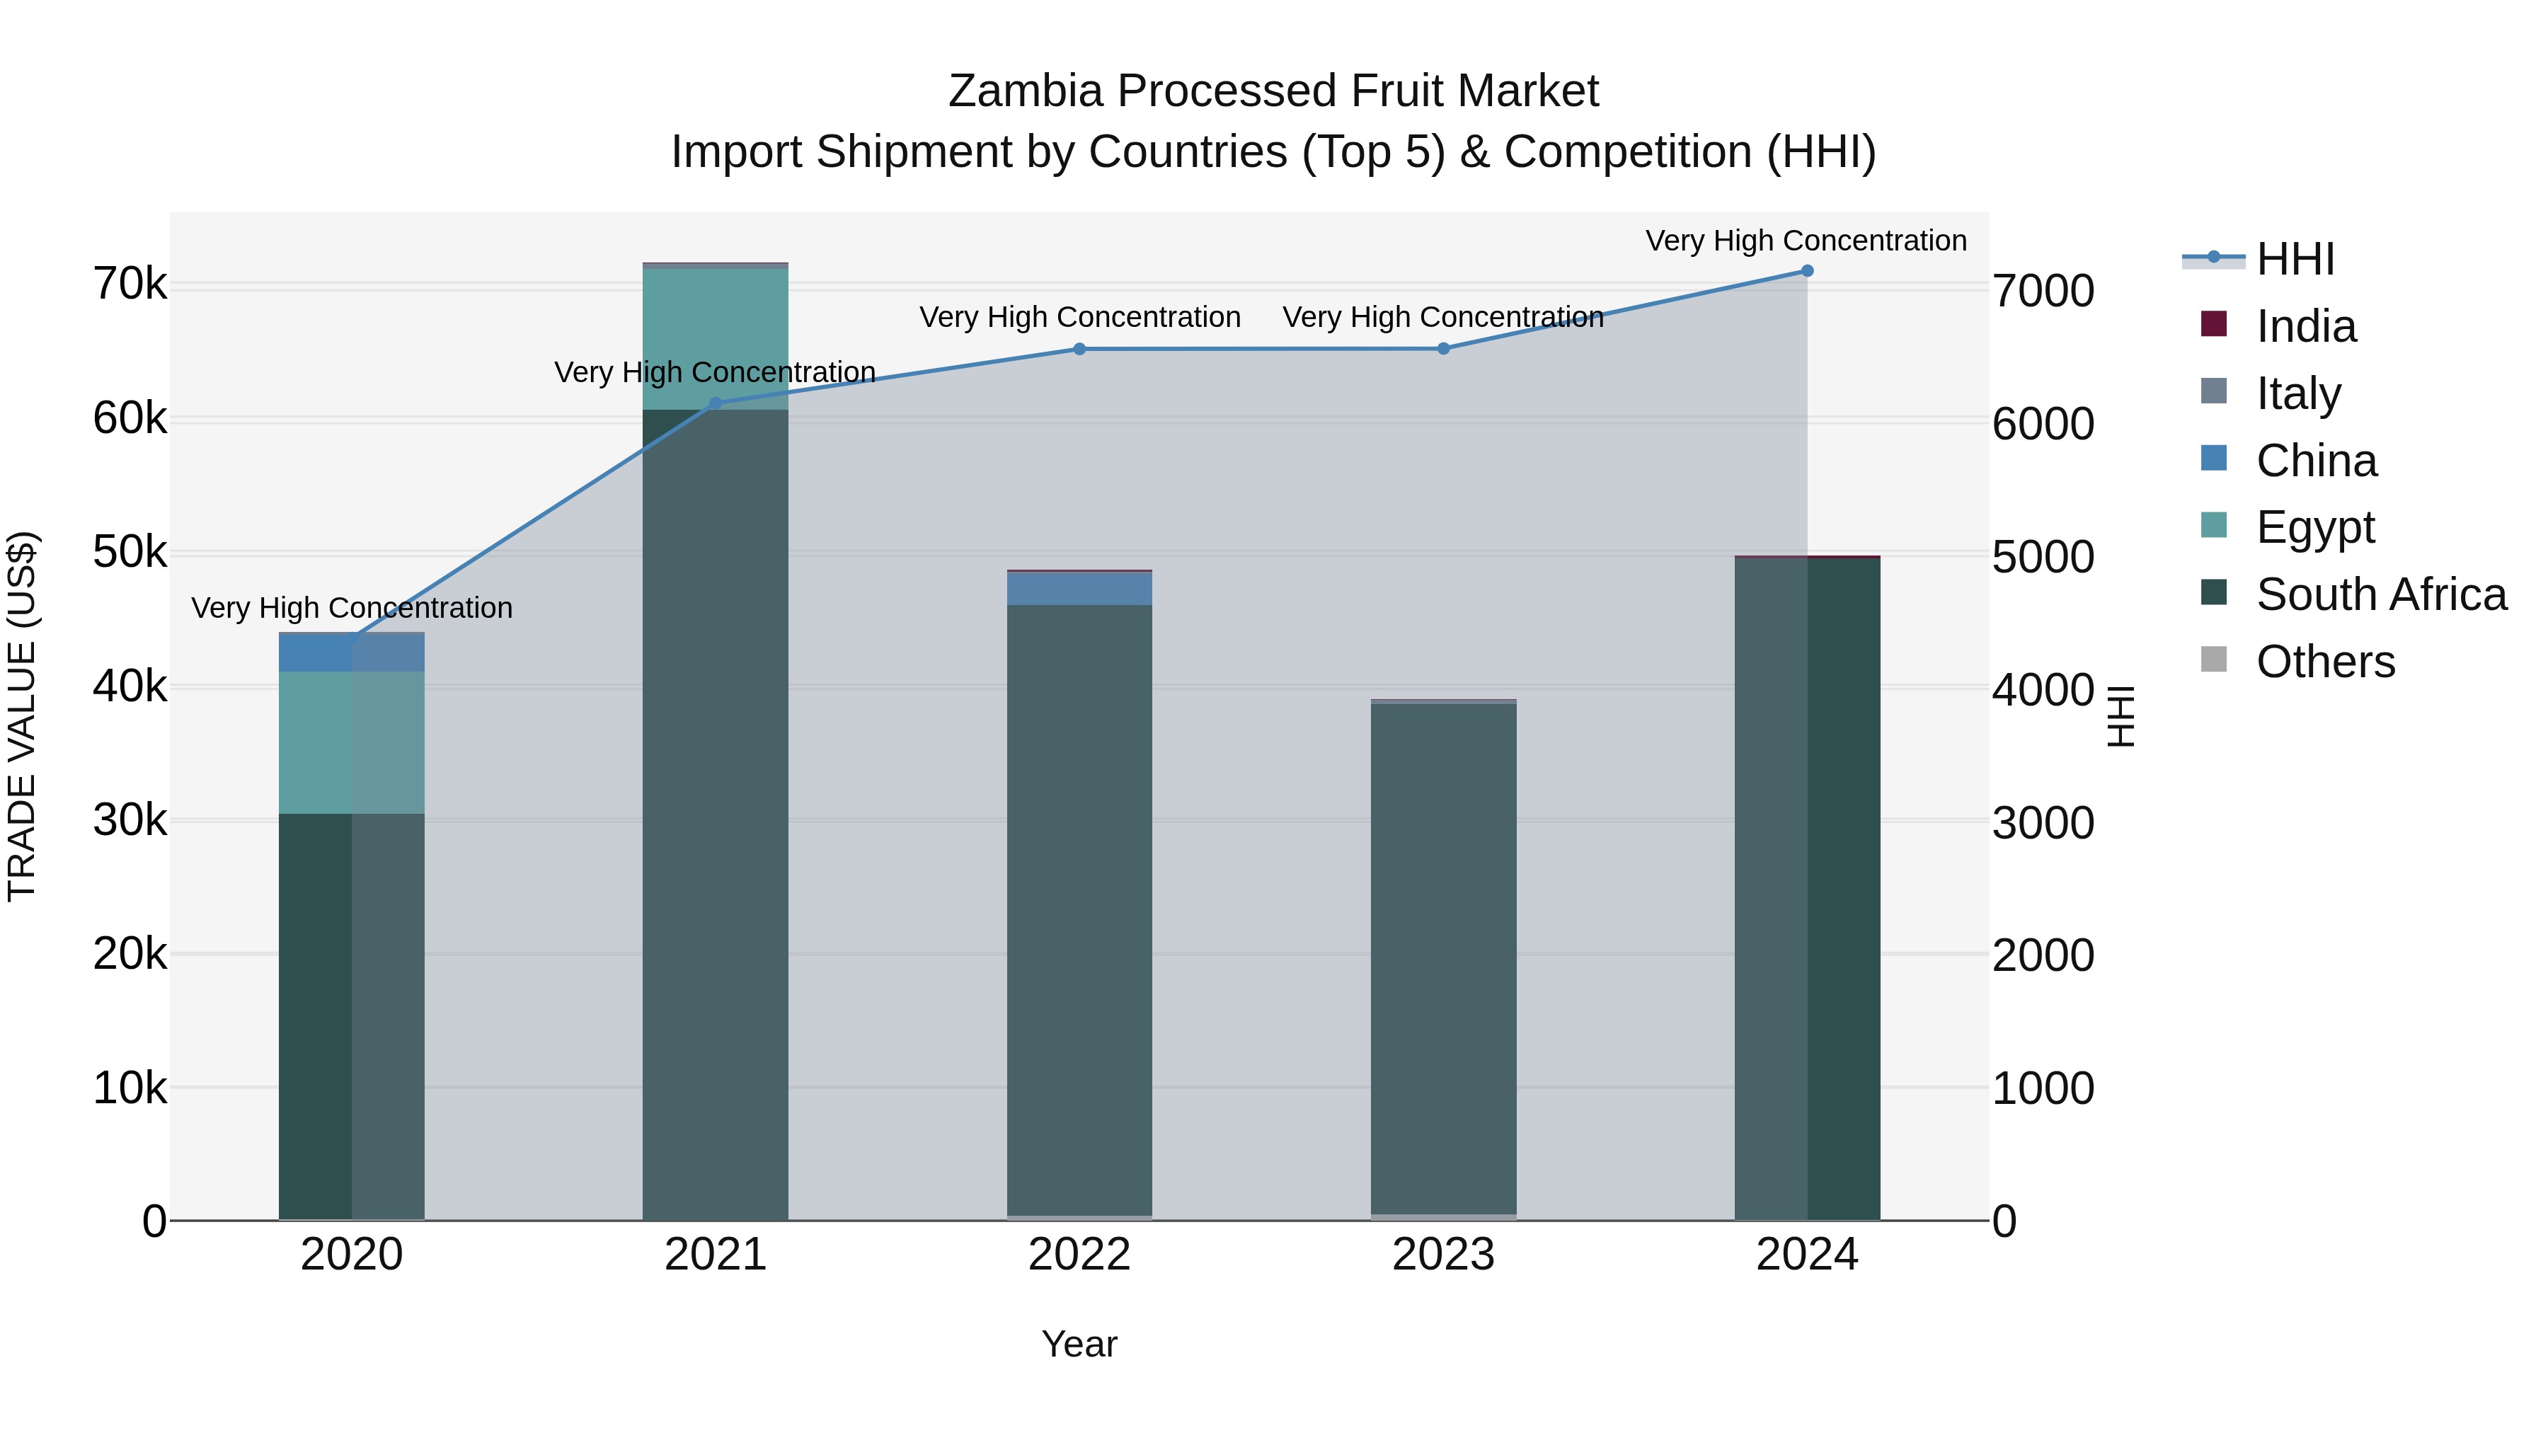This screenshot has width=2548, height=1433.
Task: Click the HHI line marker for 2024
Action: click(x=1806, y=271)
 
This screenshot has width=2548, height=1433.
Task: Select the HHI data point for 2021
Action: click(x=715, y=403)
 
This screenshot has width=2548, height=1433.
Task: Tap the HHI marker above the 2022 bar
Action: click(x=1079, y=349)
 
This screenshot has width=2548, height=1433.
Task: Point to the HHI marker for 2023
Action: click(x=1443, y=349)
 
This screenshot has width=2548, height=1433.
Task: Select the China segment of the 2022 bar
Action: click(x=1079, y=589)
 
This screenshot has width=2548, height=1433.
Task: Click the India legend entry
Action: click(x=2306, y=326)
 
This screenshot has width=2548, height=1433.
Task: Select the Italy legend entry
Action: click(x=2297, y=393)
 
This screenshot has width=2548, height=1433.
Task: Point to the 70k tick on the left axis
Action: click(x=130, y=284)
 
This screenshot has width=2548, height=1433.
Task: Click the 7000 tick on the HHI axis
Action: click(x=2043, y=292)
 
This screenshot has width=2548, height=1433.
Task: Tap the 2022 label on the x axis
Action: click(x=1079, y=1255)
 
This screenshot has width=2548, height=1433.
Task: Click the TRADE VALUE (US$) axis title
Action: click(x=23, y=716)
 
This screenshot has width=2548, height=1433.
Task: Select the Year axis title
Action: click(x=1079, y=1344)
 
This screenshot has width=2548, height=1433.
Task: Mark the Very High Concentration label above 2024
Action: click(x=1806, y=241)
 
